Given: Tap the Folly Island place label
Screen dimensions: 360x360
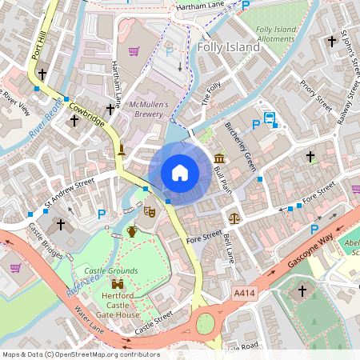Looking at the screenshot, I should pyautogui.click(x=228, y=47).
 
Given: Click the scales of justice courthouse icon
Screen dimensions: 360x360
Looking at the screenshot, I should pyautogui.click(x=234, y=217).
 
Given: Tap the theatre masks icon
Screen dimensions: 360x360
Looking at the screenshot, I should pyautogui.click(x=148, y=212).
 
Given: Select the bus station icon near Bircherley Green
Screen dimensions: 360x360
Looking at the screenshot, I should pyautogui.click(x=270, y=119).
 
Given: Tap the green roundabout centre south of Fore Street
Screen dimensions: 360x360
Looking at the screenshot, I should pyautogui.click(x=206, y=323).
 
